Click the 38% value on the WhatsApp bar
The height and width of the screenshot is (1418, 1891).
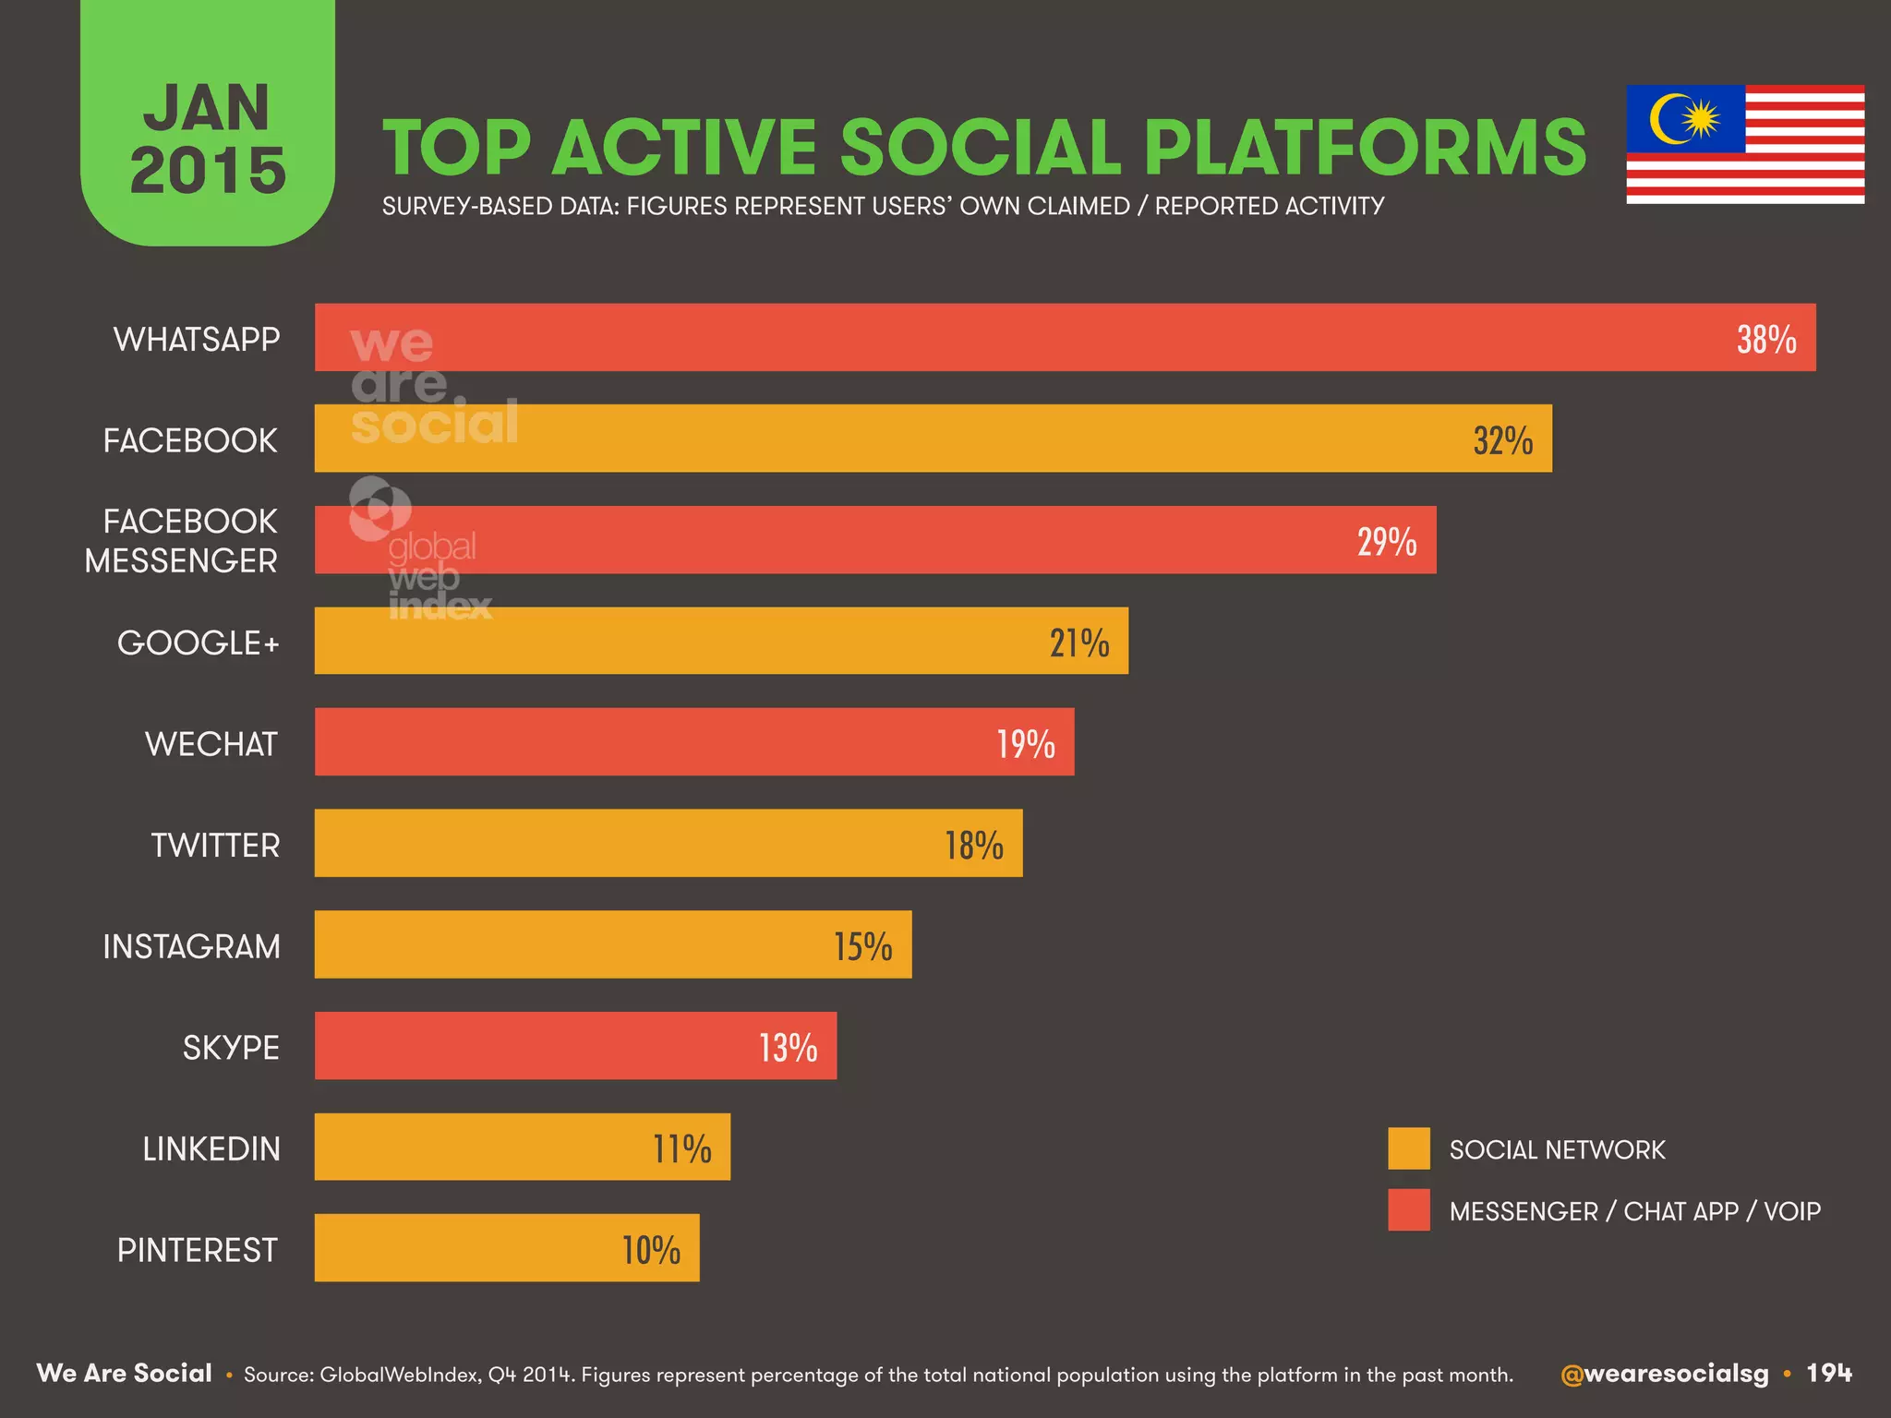coord(1765,340)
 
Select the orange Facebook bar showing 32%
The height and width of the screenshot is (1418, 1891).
coord(933,439)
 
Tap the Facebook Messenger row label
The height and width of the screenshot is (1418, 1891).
coord(182,541)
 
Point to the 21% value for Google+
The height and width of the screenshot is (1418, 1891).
coord(1078,643)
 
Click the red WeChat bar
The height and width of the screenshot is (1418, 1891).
coord(693,742)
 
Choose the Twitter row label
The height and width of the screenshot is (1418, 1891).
coord(215,845)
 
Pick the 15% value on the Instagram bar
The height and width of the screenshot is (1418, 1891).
coord(862,946)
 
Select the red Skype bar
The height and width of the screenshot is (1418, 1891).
coord(572,1046)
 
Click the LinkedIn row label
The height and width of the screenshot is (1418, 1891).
coord(211,1148)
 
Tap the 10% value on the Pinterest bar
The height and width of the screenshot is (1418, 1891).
coord(651,1250)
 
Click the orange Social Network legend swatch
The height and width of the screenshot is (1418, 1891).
coord(1408,1148)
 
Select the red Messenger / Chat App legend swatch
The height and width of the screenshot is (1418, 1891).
coord(1408,1209)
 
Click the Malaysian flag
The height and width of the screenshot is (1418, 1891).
coord(1745,145)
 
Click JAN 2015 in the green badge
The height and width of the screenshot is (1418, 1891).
coord(208,138)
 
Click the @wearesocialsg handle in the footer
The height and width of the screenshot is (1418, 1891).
coord(1664,1374)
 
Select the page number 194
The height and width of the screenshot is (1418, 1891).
coord(1829,1374)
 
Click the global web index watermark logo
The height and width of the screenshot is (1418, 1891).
coord(420,549)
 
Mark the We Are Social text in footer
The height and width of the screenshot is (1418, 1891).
coord(124,1374)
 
